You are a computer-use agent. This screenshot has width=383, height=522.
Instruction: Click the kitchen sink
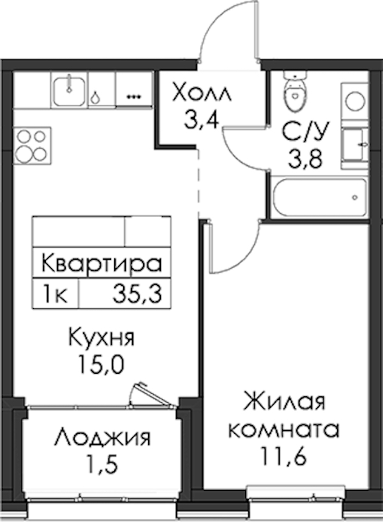(x=69, y=90)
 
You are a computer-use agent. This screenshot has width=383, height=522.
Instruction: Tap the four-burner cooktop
(x=33, y=145)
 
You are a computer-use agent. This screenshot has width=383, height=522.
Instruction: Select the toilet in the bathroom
(x=295, y=88)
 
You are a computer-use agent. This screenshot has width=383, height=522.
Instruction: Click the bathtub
(x=320, y=197)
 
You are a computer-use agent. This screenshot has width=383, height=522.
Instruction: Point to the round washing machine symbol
(x=355, y=100)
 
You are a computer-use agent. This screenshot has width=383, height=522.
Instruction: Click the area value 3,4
(x=201, y=121)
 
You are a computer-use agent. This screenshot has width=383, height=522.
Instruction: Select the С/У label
(x=306, y=132)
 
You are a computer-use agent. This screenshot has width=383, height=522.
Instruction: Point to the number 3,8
(x=305, y=159)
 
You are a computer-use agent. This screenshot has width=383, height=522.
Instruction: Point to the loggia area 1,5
(x=103, y=465)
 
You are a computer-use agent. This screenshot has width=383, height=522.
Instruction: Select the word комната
(x=284, y=430)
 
